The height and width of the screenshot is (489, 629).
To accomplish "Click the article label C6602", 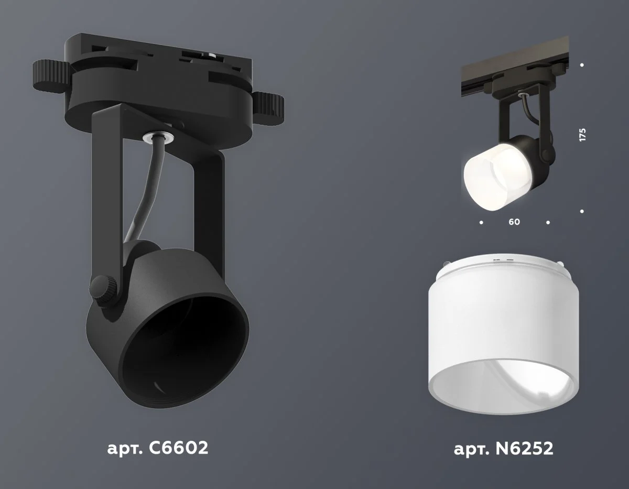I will pyautogui.click(x=157, y=448).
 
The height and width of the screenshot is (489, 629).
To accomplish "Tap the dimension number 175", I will pyautogui.click(x=582, y=134).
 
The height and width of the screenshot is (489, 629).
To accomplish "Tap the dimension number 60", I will pyautogui.click(x=514, y=222).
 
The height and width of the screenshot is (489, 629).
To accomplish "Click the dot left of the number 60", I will pyautogui.click(x=481, y=223).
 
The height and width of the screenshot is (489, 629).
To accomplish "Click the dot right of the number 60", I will pyautogui.click(x=548, y=223).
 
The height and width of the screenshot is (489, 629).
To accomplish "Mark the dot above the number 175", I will pyautogui.click(x=582, y=65).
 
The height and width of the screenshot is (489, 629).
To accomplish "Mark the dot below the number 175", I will pyautogui.click(x=582, y=211).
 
